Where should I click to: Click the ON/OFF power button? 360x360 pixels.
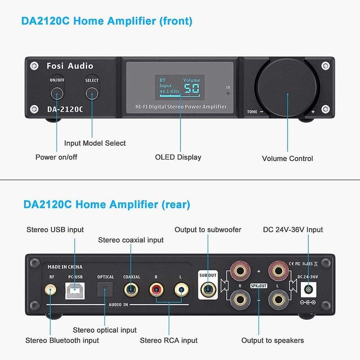(x=57, y=93)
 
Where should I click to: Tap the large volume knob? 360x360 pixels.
(x=287, y=88)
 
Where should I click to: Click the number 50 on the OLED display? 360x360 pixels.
(x=191, y=88)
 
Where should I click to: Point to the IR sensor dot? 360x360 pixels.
(x=228, y=93)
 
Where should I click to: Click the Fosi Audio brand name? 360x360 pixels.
(x=70, y=66)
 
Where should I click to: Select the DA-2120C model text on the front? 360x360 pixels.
(x=65, y=109)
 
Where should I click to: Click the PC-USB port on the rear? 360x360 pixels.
(x=75, y=291)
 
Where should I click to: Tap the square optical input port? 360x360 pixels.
(x=105, y=290)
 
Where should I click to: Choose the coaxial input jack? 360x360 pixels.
(x=131, y=290)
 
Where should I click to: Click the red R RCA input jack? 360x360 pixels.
(x=156, y=290)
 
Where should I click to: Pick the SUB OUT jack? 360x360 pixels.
(x=208, y=290)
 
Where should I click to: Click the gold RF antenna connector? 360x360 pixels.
(x=50, y=290)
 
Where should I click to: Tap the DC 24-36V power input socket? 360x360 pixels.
(x=308, y=290)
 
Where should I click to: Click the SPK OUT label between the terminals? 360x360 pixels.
(x=259, y=286)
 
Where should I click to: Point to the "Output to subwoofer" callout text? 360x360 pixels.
(x=208, y=230)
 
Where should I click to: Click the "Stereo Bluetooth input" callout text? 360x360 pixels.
(x=62, y=340)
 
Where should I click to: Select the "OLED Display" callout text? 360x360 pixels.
(x=178, y=157)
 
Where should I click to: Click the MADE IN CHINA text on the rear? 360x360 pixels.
(x=65, y=267)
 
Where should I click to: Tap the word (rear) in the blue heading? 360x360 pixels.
(x=176, y=205)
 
